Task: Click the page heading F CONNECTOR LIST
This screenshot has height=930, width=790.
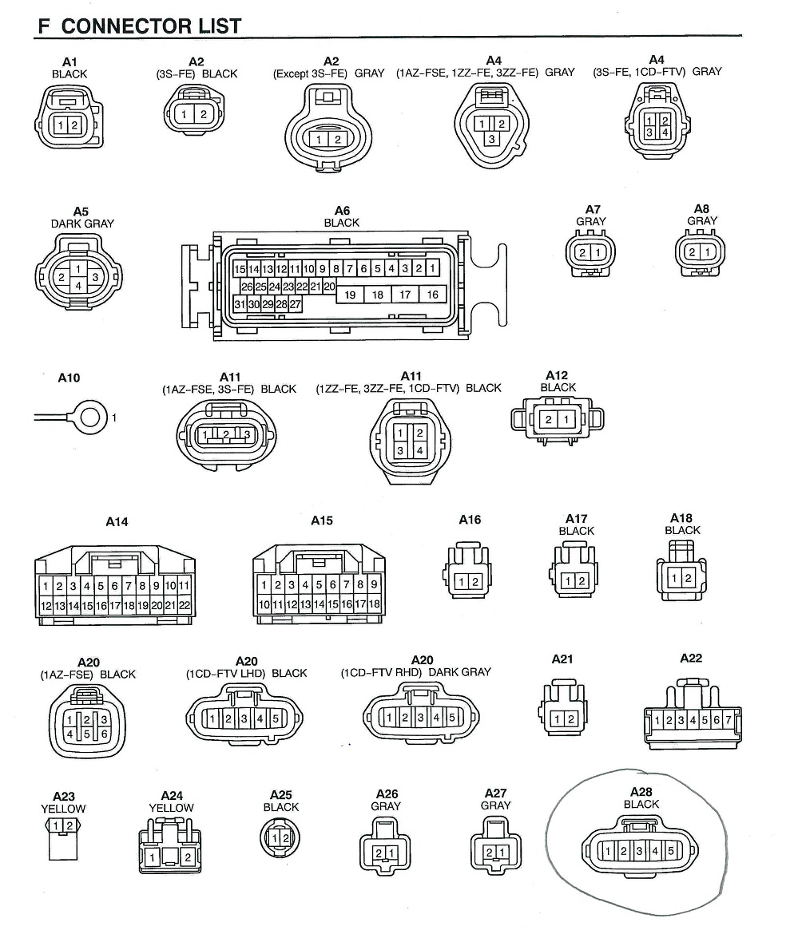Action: [139, 26]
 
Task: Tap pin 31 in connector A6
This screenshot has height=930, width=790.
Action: [239, 304]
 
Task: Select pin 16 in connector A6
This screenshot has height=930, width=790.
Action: [432, 295]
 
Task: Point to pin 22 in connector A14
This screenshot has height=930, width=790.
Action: [184, 606]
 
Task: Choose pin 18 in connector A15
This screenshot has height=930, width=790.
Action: [374, 605]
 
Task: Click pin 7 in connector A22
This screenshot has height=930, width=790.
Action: [728, 721]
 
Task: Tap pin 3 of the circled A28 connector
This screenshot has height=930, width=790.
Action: [639, 852]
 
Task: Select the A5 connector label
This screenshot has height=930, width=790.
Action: [81, 211]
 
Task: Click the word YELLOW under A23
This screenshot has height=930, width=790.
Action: [63, 808]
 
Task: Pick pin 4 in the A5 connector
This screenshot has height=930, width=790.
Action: [77, 285]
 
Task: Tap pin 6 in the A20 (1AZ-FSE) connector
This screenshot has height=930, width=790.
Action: [104, 734]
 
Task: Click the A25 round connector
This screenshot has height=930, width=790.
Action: [280, 838]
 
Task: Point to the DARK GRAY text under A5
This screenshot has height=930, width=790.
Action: [82, 224]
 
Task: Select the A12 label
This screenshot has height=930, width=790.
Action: [557, 375]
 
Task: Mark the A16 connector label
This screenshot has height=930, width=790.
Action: [470, 520]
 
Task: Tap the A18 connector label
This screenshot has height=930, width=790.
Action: [681, 518]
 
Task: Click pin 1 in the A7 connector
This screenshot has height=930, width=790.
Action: [597, 253]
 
